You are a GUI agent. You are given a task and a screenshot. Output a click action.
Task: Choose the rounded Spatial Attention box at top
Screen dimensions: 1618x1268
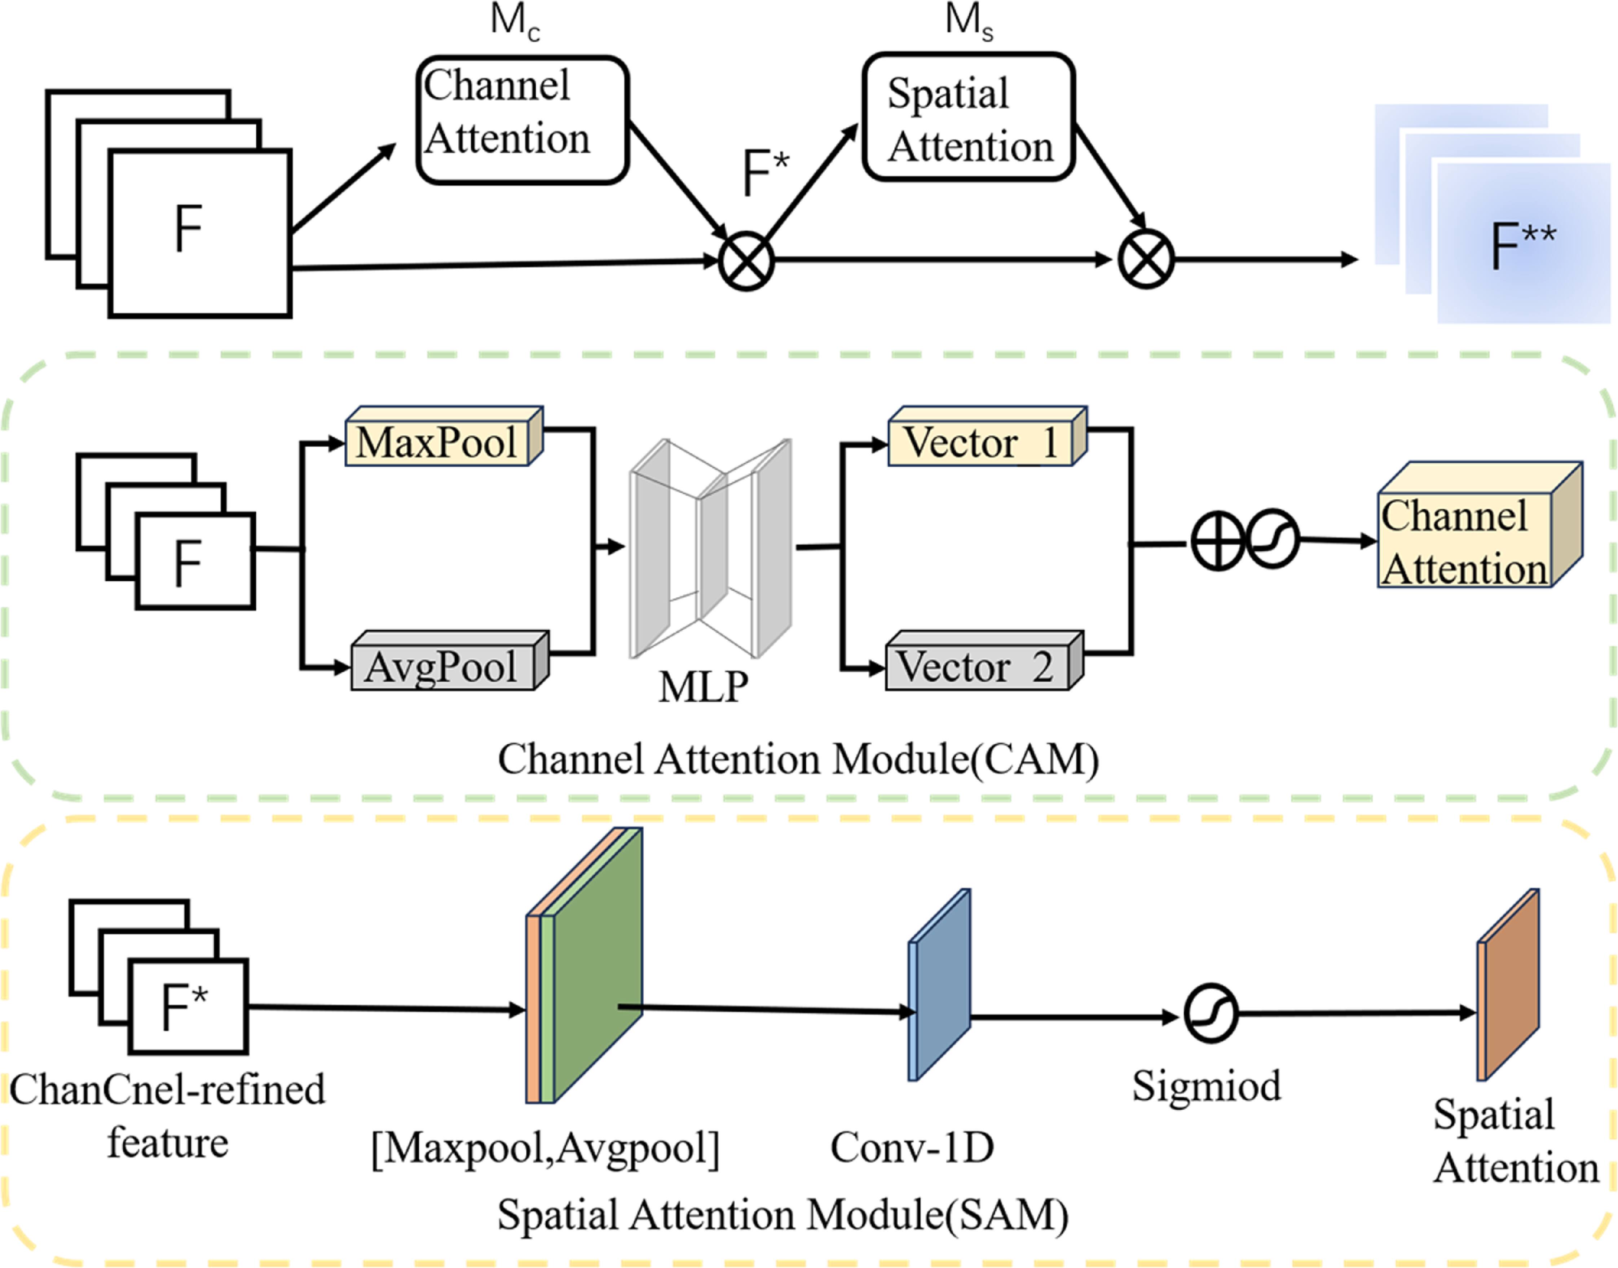969,116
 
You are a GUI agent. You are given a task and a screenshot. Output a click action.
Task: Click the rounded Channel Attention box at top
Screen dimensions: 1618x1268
523,119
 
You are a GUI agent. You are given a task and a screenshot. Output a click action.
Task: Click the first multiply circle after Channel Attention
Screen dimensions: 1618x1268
746,261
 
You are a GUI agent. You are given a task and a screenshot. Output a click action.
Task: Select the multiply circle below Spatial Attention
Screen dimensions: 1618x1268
1146,259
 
